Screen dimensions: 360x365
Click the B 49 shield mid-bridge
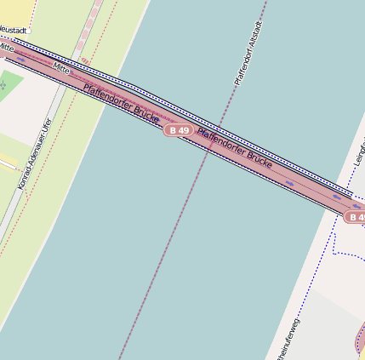pyautogui.click(x=178, y=130)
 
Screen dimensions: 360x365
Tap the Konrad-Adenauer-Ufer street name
pyautogui.click(x=35, y=153)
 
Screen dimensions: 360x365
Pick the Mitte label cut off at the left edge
pyautogui.click(x=7, y=48)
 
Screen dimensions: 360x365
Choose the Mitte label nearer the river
pyautogui.click(x=60, y=66)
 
